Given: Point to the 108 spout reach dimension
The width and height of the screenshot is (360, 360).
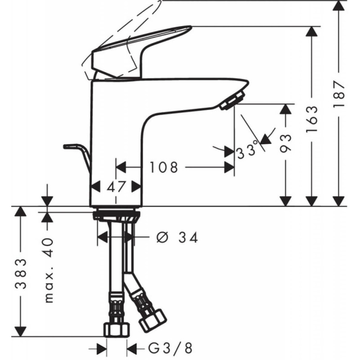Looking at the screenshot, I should click(164, 168).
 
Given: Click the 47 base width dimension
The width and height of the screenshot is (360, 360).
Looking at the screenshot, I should click(116, 186).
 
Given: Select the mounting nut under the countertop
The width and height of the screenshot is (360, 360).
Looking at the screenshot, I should click(116, 215).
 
